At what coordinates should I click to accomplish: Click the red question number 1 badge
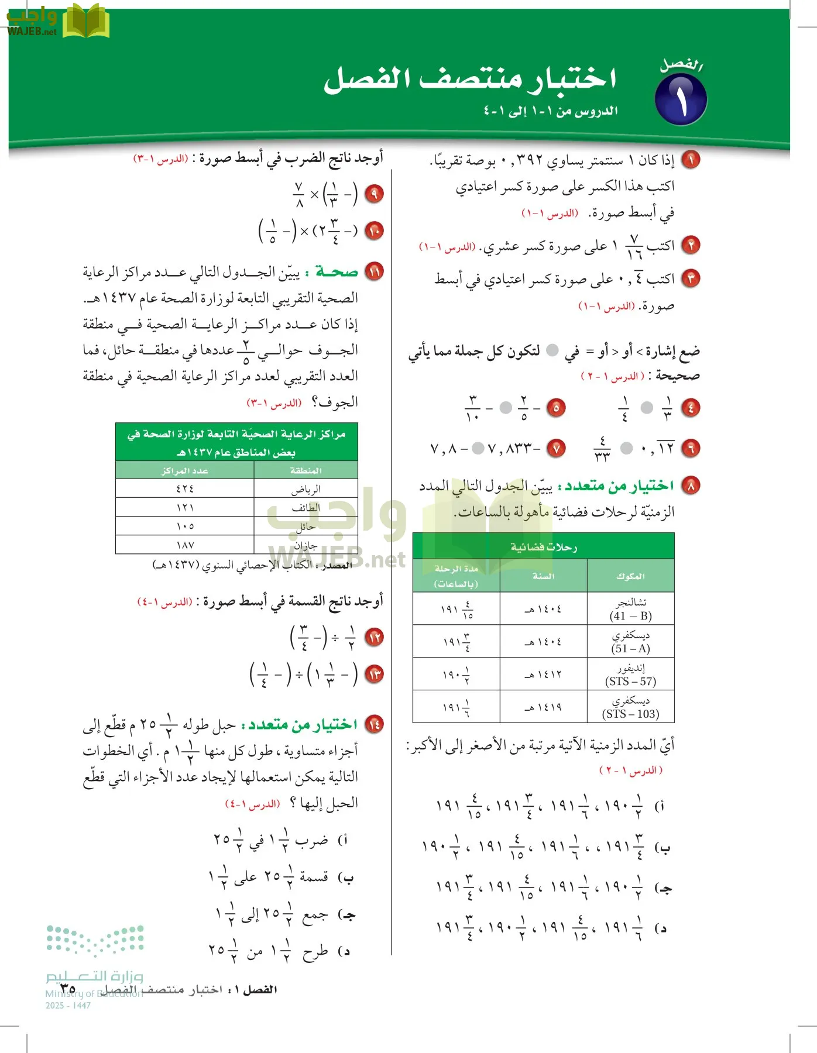tap(691, 160)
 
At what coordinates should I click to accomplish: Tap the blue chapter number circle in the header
tap(681, 99)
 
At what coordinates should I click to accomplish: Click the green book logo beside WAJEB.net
tap(85, 22)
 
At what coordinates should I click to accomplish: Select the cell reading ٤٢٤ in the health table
tap(185, 488)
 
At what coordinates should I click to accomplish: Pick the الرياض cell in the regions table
tap(305, 488)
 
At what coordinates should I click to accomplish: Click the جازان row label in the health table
tap(305, 545)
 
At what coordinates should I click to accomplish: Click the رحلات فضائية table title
tap(543, 546)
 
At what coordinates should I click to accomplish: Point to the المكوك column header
tap(630, 576)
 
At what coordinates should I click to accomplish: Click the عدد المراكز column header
tap(185, 470)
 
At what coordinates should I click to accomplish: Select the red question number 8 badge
tap(691, 486)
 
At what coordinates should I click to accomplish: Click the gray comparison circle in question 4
tap(647, 408)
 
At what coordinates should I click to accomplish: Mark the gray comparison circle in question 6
tap(626, 449)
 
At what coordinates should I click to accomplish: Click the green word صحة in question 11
tap(337, 272)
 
